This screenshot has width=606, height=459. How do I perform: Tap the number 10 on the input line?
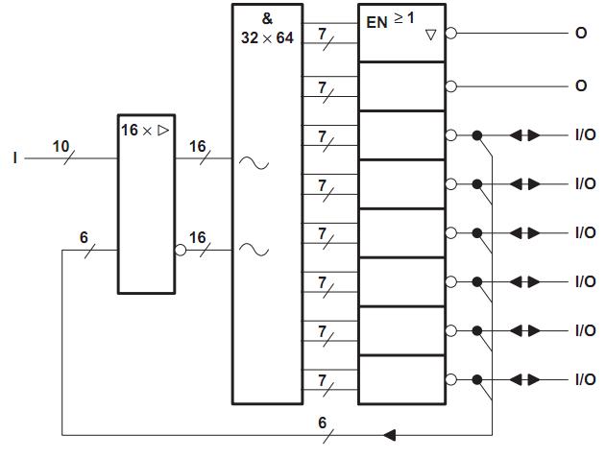[61, 146]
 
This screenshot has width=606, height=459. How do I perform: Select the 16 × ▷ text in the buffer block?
[144, 129]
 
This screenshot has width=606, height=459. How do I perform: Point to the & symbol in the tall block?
[267, 18]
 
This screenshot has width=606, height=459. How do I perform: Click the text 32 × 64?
[267, 38]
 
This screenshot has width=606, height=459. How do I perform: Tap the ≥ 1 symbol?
[404, 17]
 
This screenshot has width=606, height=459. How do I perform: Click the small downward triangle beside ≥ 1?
[430, 34]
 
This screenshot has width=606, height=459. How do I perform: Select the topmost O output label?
[580, 33]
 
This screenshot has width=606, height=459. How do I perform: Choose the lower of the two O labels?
[580, 85]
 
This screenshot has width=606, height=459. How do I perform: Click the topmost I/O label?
[584, 135]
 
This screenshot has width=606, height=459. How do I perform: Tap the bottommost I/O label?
[584, 379]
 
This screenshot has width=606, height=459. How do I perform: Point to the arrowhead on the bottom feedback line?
[389, 436]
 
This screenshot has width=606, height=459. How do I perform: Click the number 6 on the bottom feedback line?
[323, 423]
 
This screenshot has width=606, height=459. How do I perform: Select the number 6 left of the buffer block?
[84, 237]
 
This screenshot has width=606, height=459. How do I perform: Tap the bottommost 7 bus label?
[323, 381]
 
